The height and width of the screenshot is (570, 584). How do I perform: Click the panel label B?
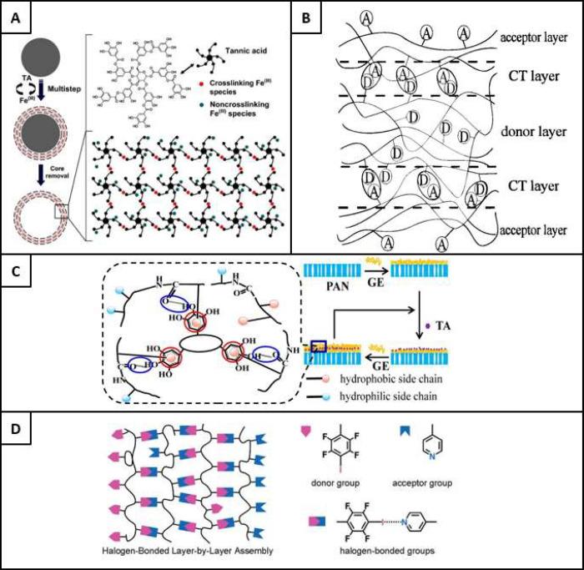[x=309, y=16]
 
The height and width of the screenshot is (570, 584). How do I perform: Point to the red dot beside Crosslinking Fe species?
[x=199, y=60]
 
